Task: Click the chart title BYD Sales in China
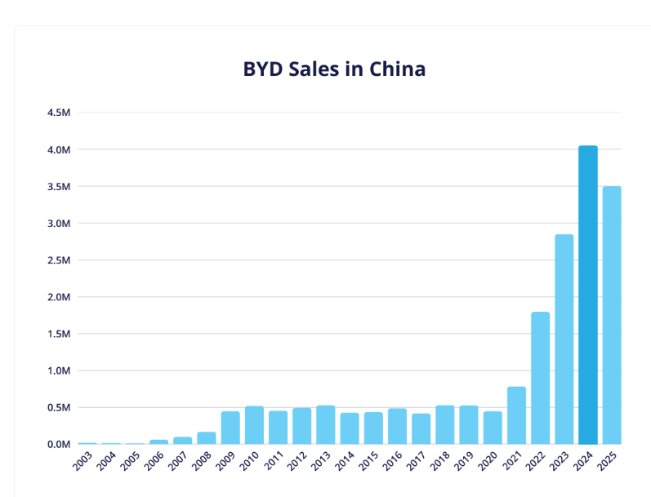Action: pos(334,69)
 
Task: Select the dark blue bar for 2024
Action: pos(588,294)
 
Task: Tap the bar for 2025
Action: pos(612,314)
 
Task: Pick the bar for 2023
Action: pos(564,339)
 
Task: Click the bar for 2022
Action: pos(540,377)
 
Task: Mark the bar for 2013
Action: pos(326,424)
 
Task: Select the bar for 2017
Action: pos(421,428)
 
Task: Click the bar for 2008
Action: pos(207,437)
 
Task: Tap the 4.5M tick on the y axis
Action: pos(60,113)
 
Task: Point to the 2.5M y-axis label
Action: pos(60,260)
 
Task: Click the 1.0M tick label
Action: pos(60,371)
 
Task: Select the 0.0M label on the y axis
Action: pos(60,444)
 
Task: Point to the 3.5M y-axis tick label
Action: pos(60,186)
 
